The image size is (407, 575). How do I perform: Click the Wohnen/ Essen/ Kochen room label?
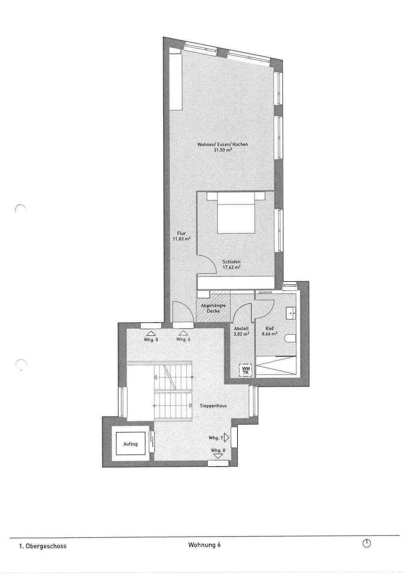point(223,145)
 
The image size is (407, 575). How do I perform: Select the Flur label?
point(182,233)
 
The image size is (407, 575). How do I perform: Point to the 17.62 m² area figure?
point(231,267)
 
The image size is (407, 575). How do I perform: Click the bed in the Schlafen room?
point(236,213)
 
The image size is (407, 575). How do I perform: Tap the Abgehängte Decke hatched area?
point(213,306)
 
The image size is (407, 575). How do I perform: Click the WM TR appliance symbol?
point(246,370)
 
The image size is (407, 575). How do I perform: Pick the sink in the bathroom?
point(291,313)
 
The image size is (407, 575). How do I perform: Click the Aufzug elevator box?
point(130,444)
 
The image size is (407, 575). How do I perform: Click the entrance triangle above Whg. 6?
point(182,333)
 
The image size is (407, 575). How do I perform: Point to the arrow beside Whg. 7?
point(226,438)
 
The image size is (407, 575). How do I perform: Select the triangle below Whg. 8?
point(218,456)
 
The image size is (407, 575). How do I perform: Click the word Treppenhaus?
point(213,406)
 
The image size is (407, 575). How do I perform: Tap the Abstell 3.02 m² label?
point(241,331)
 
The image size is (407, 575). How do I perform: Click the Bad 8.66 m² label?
point(269,331)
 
